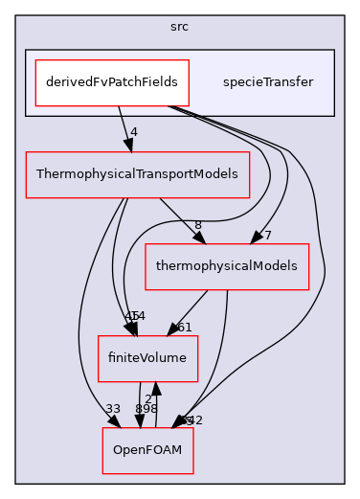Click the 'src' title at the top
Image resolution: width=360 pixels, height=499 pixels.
coord(179,26)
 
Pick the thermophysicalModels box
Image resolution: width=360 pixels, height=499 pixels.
coord(227,265)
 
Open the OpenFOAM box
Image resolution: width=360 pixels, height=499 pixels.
coord(148,449)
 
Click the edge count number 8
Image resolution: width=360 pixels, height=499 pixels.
coord(197,225)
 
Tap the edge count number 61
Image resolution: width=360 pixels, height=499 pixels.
coord(184,328)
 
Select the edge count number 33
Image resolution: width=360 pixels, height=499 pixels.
coord(112,409)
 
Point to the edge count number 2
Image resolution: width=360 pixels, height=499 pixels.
coord(147,397)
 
